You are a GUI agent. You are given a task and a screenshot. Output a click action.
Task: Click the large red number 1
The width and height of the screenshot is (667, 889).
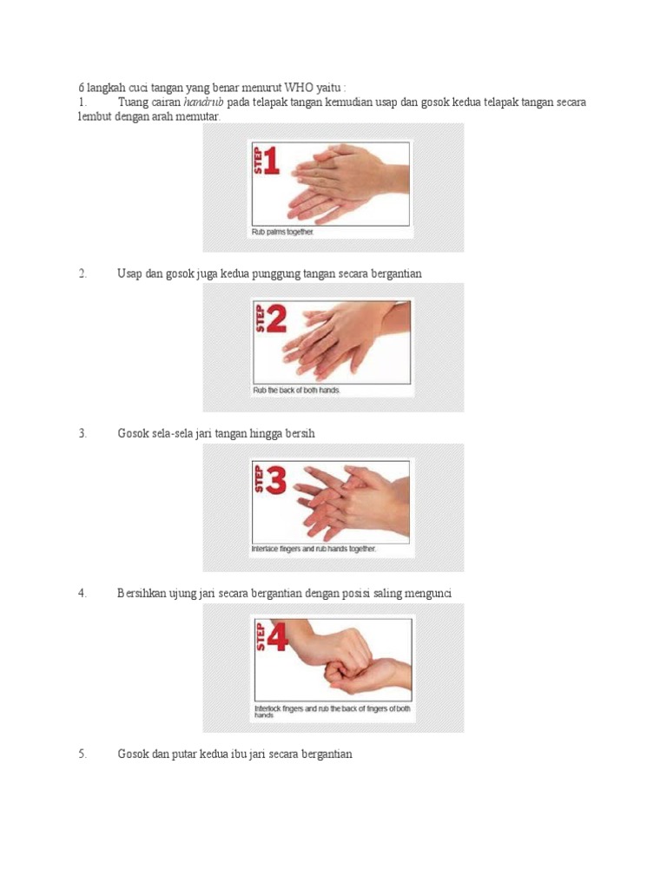pyautogui.click(x=271, y=161)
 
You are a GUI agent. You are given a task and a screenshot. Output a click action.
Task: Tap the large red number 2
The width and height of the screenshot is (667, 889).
pyautogui.click(x=275, y=321)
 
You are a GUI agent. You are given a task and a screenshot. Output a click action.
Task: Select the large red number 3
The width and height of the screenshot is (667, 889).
pyautogui.click(x=275, y=481)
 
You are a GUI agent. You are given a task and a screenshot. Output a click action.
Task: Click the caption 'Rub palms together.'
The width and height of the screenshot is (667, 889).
pyautogui.click(x=283, y=232)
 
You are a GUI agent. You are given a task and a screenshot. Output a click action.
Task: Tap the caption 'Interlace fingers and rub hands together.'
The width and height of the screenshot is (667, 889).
pyautogui.click(x=314, y=550)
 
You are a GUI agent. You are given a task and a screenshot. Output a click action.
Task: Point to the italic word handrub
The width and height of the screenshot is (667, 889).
pyautogui.click(x=204, y=102)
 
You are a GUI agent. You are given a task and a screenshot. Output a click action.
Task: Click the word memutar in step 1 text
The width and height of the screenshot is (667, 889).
pyautogui.click(x=200, y=115)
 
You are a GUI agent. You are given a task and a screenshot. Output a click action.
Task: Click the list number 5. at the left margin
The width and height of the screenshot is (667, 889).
pyautogui.click(x=83, y=754)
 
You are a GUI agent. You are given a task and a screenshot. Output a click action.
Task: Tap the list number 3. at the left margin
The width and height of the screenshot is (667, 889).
pyautogui.click(x=83, y=433)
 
